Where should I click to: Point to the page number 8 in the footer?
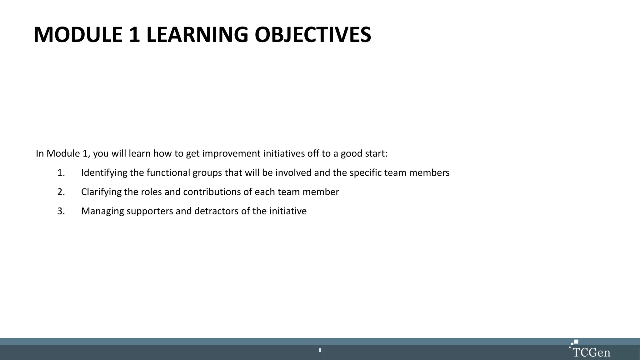click(320, 350)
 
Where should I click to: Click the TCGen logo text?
click(591, 352)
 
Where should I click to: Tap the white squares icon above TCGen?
click(574, 343)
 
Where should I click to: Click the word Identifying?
click(104, 173)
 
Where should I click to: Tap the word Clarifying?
click(101, 192)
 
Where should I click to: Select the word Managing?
click(102, 211)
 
